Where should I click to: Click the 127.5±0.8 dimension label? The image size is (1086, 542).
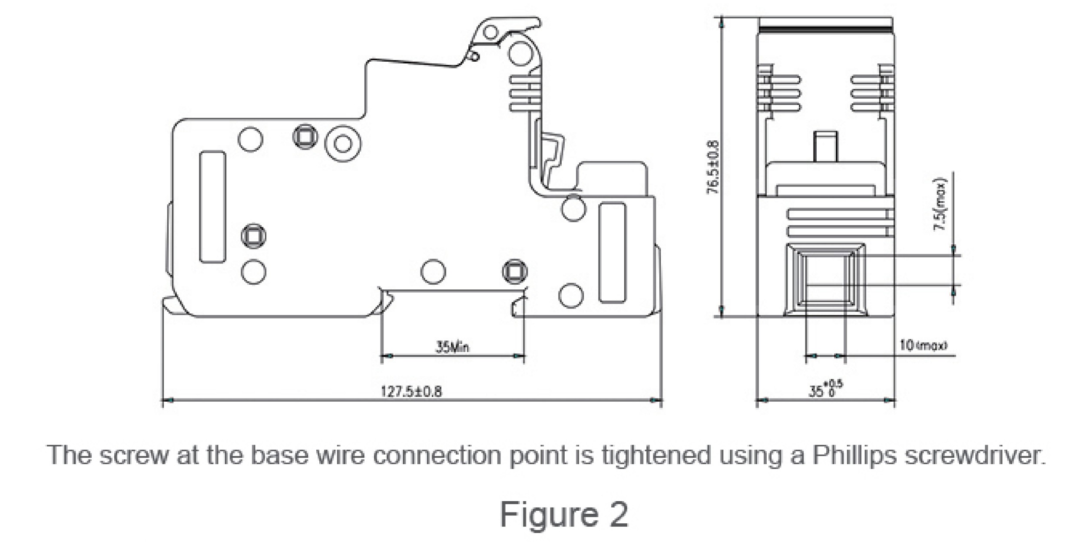coord(411,392)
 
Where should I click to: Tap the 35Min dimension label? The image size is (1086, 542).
coord(452,347)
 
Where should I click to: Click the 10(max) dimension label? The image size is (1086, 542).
coord(923,346)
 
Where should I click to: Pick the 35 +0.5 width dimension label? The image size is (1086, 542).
coord(825,389)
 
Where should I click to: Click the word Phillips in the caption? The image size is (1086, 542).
coord(854,456)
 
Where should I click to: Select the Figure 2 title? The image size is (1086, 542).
coord(564,514)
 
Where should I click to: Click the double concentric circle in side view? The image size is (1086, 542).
coord(343,143)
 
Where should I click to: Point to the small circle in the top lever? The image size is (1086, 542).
coord(490,32)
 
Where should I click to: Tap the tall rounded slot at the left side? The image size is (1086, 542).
coord(212,207)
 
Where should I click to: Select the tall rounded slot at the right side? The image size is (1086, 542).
coord(613,253)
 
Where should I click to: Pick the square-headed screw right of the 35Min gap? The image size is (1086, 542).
coord(515,271)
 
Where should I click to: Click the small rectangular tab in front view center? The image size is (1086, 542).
coord(825,146)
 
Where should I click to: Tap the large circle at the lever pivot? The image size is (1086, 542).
coord(521,53)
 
